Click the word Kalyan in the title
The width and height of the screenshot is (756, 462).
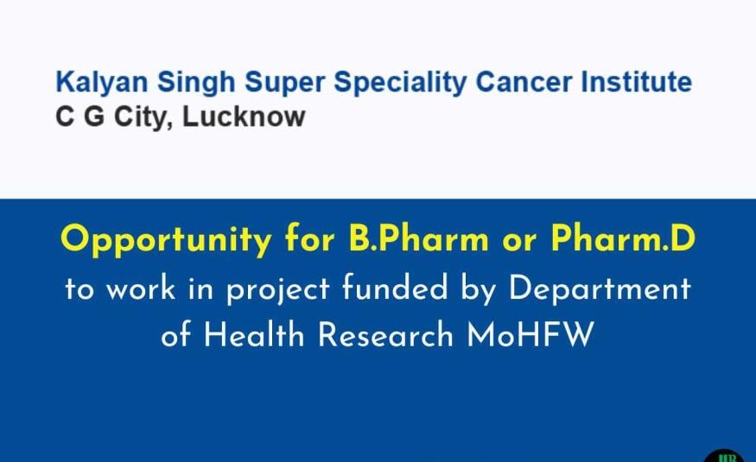(x=102, y=82)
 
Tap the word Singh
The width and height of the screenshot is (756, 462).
(x=196, y=82)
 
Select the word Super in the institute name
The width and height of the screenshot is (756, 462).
(x=284, y=82)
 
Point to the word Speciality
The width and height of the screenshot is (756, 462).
(x=400, y=82)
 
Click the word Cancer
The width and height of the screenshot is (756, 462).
(x=523, y=81)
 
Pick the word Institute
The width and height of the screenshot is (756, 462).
(x=637, y=81)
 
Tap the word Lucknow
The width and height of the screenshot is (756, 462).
(x=244, y=117)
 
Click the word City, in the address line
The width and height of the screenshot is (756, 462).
(x=143, y=117)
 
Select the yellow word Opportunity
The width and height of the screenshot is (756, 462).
(x=166, y=240)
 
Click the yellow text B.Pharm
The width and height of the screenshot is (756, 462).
(x=418, y=238)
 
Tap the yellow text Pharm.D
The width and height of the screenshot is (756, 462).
(x=623, y=238)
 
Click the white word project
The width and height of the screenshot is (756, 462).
(x=277, y=290)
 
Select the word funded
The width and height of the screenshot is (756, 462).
(x=395, y=288)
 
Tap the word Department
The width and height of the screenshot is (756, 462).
(x=600, y=289)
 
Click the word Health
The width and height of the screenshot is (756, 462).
(x=254, y=334)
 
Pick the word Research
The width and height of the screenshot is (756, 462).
(x=385, y=334)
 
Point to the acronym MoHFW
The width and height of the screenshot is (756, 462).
(x=530, y=334)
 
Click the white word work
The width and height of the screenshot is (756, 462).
(x=140, y=288)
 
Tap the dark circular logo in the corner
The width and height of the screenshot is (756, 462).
(x=728, y=455)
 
